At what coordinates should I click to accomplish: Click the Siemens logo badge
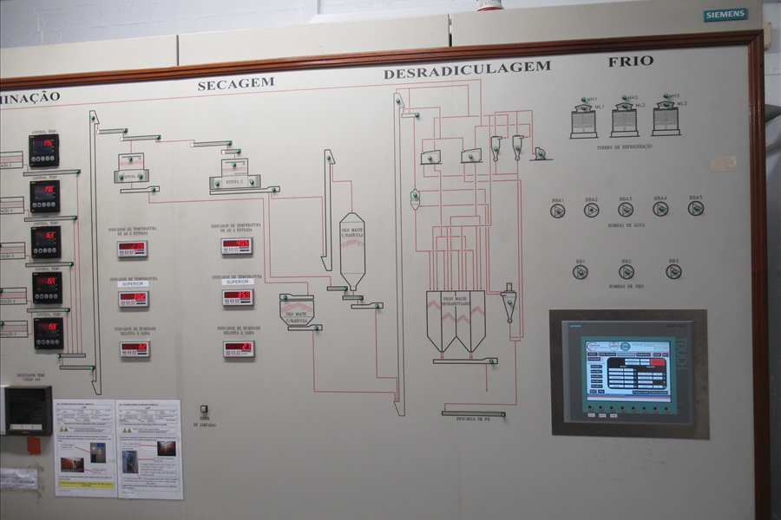[725, 15]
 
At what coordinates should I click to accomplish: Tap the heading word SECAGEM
[235, 84]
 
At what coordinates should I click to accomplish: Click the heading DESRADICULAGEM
[467, 70]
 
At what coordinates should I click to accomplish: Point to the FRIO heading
[631, 62]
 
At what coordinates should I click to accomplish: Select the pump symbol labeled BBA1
[557, 210]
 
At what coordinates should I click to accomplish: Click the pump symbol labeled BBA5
[695, 208]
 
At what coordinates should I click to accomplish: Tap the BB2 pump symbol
[626, 271]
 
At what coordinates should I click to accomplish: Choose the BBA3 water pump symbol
[626, 209]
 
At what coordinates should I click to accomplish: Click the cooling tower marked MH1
[583, 120]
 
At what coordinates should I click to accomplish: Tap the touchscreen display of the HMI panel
[627, 369]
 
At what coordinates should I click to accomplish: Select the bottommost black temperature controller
[48, 334]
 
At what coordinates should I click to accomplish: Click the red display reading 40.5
[236, 246]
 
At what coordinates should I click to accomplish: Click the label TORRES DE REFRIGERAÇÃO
[624, 146]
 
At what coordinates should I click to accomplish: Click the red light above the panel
[489, 4]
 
